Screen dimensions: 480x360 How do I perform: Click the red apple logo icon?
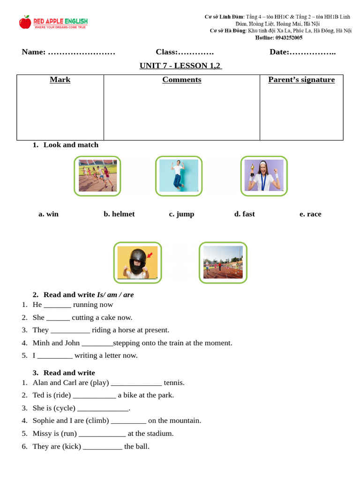[x=25, y=22]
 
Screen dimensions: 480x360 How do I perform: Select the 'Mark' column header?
[x=60, y=80]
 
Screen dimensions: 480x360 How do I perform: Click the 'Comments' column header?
[x=182, y=80]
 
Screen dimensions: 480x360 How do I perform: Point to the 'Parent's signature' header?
[x=301, y=80]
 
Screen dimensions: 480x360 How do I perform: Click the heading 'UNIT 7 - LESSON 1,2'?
[x=180, y=66]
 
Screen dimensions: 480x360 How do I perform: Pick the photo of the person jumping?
[x=179, y=176]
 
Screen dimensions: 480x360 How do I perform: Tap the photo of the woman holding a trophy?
[x=264, y=176]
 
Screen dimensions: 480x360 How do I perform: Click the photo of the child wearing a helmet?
[x=137, y=262]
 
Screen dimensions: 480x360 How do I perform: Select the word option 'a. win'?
[x=48, y=214]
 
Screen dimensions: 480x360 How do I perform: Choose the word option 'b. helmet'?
[x=119, y=214]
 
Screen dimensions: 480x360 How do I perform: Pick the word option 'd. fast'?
[x=244, y=214]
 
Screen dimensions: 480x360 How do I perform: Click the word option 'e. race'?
[x=310, y=214]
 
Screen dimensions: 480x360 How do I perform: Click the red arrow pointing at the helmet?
[x=150, y=255]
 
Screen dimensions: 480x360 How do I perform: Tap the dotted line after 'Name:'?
[x=82, y=52]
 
